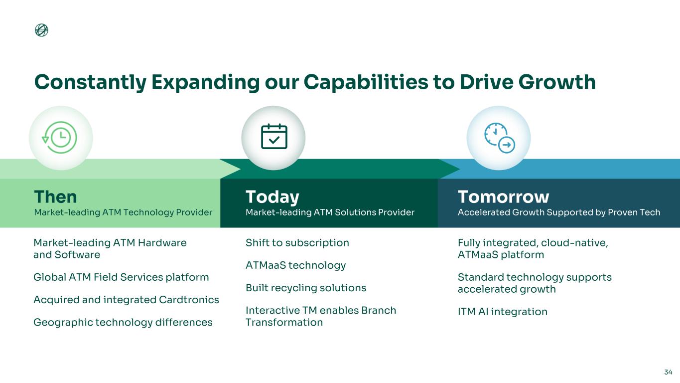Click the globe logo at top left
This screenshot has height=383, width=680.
41,30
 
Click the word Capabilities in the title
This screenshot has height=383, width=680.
366,82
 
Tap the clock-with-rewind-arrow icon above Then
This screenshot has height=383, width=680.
59,138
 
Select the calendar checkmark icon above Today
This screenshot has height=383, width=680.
274,137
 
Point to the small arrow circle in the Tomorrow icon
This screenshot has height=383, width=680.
507,145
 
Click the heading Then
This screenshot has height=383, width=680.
56,196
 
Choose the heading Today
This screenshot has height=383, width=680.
272,197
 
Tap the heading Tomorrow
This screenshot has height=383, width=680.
504,196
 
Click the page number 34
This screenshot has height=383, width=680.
668,372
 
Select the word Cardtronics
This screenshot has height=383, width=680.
189,300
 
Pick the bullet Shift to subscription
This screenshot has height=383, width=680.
297,243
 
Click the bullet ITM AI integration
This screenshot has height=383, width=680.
503,312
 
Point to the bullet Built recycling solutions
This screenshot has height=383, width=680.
306,288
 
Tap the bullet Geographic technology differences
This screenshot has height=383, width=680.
123,323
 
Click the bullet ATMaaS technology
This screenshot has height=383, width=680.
296,265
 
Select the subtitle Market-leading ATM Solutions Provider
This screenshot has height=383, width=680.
330,212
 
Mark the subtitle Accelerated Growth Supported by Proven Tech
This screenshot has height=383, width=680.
559,212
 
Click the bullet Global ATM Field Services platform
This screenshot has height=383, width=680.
121,277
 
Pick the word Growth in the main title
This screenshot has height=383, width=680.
557,82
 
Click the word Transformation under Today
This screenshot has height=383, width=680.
284,323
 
